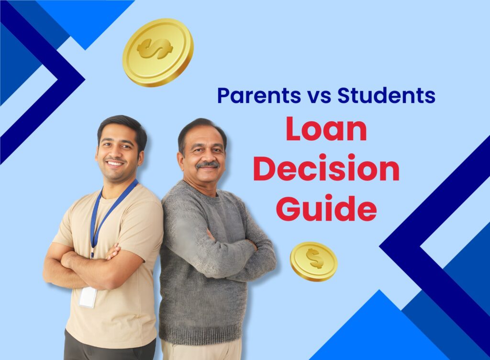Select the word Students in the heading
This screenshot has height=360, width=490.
(386, 95)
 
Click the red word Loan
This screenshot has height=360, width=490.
(326, 131)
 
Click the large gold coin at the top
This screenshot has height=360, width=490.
(157, 52)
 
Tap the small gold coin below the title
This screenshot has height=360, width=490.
(313, 261)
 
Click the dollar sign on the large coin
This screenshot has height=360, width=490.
(155, 48)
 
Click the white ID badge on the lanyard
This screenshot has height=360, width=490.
(88, 297)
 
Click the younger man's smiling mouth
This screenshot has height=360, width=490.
(114, 163)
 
